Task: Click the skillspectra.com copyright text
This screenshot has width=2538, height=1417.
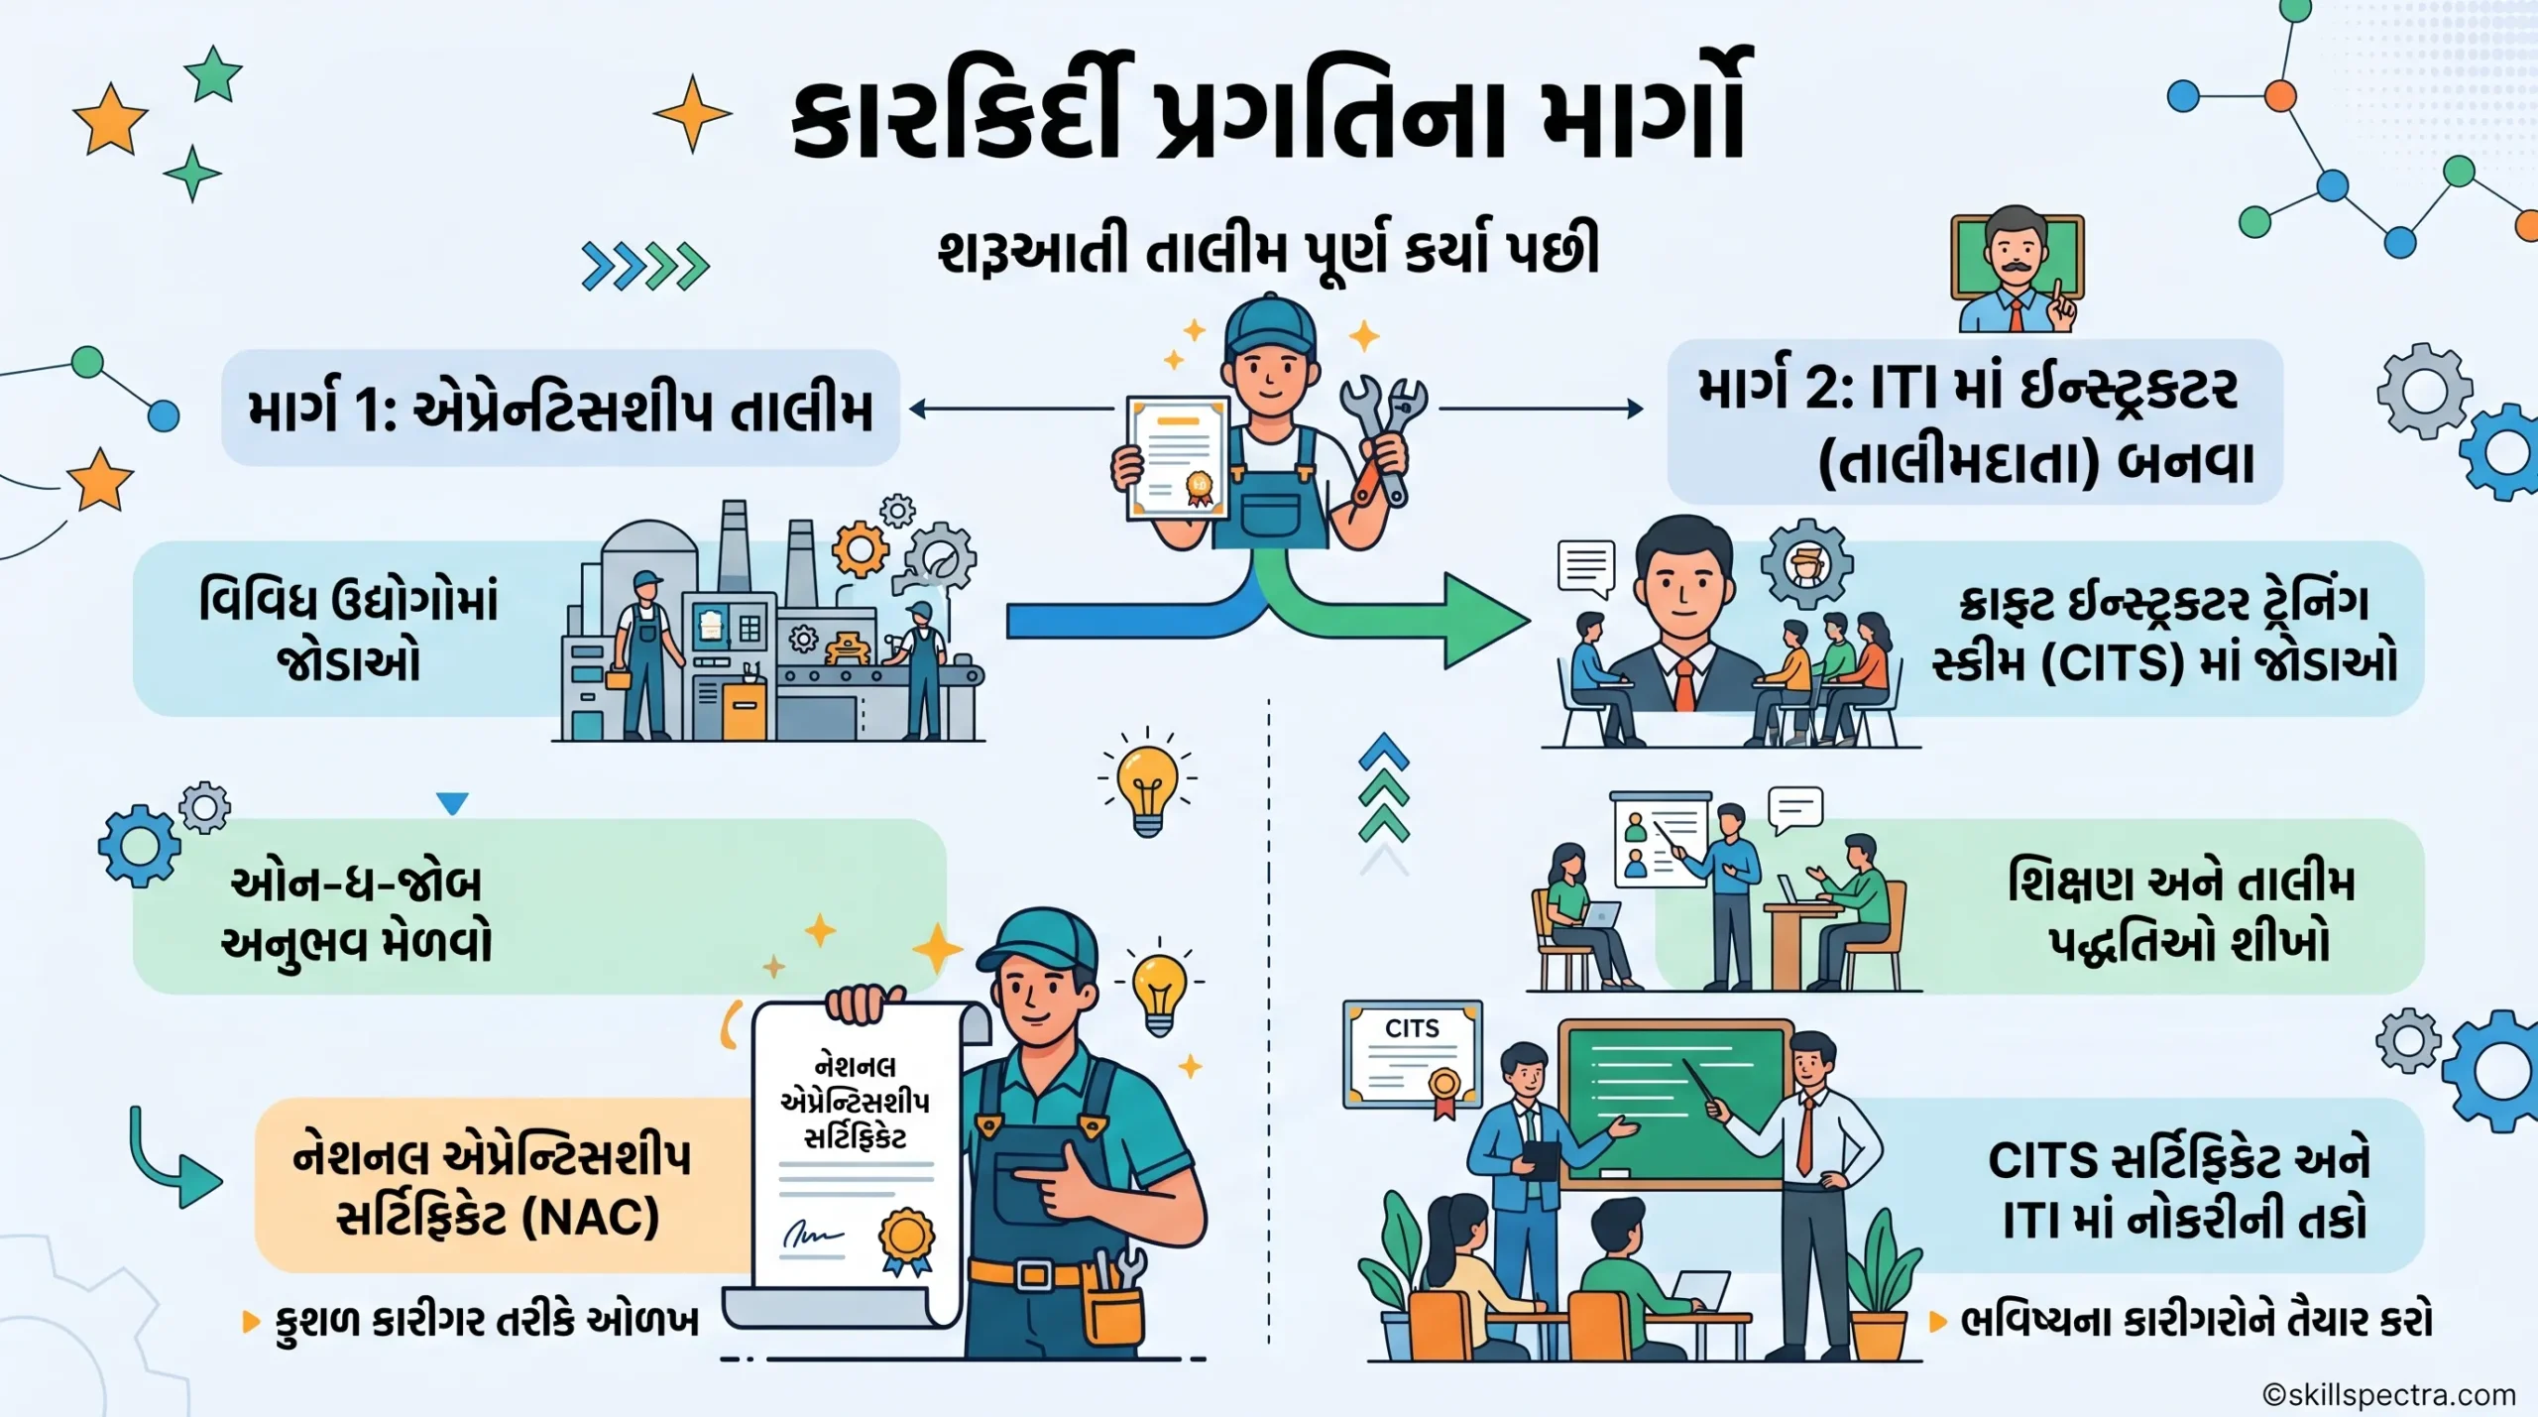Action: tap(2389, 1395)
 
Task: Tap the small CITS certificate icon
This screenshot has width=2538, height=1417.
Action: tap(1413, 1057)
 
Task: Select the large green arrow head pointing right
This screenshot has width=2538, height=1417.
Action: tap(1485, 621)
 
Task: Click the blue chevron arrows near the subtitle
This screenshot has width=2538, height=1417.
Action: tap(645, 266)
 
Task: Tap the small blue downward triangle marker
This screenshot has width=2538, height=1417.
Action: tap(452, 803)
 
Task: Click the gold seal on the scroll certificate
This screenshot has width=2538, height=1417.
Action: tap(906, 1240)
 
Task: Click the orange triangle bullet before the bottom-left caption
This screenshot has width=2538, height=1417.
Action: tap(251, 1321)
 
